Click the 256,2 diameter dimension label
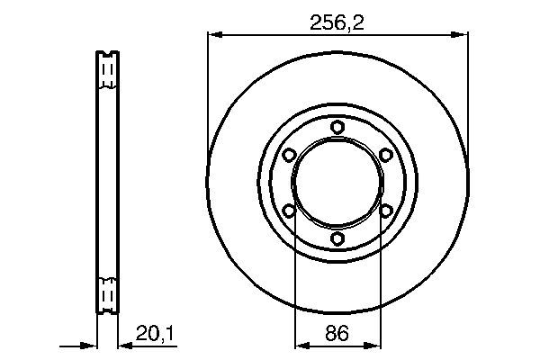pyautogui.click(x=337, y=22)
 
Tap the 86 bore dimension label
pyautogui.click(x=337, y=333)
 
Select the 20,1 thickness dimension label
pyautogui.click(x=155, y=333)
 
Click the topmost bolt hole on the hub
pyautogui.click(x=337, y=127)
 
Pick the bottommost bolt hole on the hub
pyautogui.click(x=337, y=238)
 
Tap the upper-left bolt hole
pyautogui.click(x=289, y=155)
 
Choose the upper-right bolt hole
pyautogui.click(x=386, y=155)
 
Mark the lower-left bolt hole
pyautogui.click(x=289, y=211)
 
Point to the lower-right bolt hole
pyautogui.click(x=386, y=211)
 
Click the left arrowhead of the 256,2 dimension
pyautogui.click(x=216, y=34)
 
